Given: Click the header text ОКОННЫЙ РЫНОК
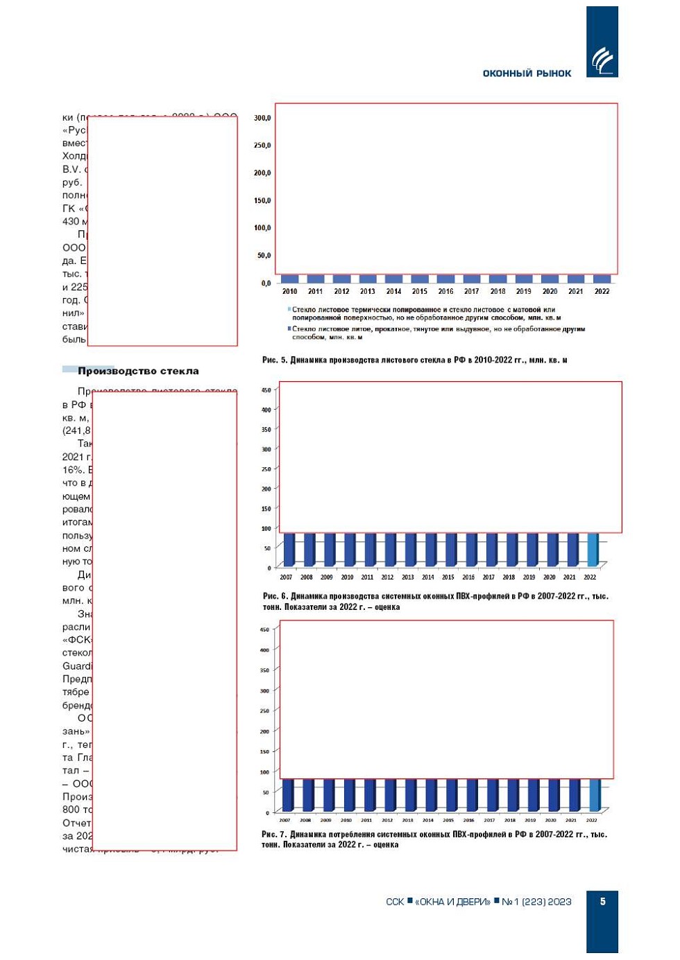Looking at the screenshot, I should point(527,73).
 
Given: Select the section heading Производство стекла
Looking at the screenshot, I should point(138,371).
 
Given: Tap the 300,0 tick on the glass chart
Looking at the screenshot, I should point(262,118).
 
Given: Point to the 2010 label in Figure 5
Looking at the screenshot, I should point(289,292).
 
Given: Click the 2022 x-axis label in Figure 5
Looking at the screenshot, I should point(602,292).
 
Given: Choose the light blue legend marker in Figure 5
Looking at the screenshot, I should point(289,310).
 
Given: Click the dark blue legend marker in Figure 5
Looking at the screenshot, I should point(289,329).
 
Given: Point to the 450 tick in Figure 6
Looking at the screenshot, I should point(266,390).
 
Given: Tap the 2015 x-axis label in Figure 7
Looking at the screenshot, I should point(448,820).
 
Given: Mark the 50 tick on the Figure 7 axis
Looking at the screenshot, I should point(266,792).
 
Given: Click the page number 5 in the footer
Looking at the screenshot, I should point(602,901).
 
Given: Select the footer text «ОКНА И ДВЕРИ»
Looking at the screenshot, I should point(452,902).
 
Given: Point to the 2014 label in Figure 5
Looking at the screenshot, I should point(393,292).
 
